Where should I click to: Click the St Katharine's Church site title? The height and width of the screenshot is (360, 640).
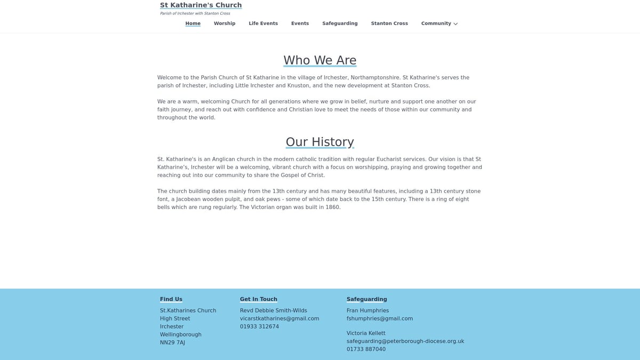[x=201, y=5]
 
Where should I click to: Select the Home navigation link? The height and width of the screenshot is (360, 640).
[x=193, y=23]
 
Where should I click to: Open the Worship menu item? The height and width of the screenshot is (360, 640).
[x=225, y=23]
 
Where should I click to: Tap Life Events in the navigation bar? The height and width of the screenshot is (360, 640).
[x=263, y=23]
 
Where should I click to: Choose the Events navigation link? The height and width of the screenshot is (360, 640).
[x=300, y=23]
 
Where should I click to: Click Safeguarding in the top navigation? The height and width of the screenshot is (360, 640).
[x=340, y=23]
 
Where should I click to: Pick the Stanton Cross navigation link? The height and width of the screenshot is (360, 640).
[x=389, y=23]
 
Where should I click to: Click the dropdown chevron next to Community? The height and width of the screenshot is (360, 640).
[x=455, y=24]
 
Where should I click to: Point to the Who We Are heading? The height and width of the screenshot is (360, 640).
[x=319, y=60]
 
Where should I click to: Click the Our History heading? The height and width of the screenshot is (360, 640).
[x=319, y=142]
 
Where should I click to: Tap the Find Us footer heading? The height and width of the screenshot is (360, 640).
[x=171, y=299]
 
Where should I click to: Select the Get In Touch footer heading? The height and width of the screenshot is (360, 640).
[x=258, y=299]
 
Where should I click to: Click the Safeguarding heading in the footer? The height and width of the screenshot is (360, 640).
[x=366, y=299]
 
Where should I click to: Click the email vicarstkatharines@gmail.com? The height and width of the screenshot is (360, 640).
[x=279, y=318]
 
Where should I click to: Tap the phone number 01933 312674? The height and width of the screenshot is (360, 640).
[x=259, y=326]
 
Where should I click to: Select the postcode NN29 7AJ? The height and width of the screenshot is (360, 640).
[x=172, y=342]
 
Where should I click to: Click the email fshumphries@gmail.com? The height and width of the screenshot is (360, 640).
[x=379, y=318]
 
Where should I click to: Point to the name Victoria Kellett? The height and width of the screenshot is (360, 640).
[x=366, y=333]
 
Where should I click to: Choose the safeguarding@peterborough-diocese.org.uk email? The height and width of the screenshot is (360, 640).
[x=405, y=341]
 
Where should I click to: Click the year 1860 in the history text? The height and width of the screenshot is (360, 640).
[x=332, y=207]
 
